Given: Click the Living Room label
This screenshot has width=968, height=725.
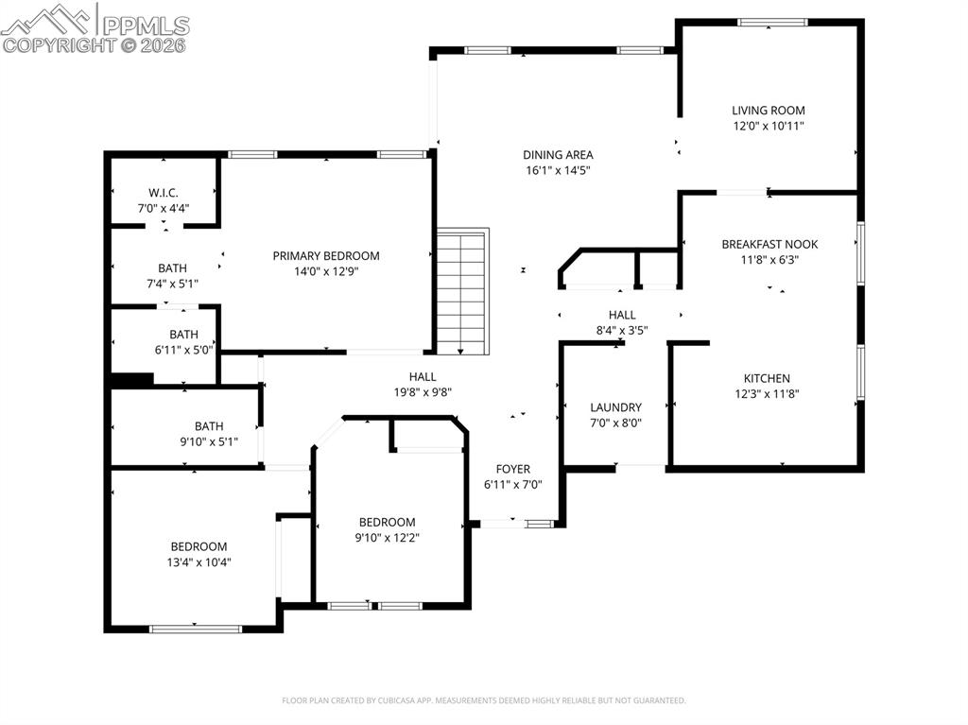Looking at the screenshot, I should coord(768,111).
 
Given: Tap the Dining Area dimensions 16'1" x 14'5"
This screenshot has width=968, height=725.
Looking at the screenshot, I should coord(558,171).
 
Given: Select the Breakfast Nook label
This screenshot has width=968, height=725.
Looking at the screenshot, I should coord(769,244).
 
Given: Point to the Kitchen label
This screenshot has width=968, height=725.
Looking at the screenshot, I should coord(766,378).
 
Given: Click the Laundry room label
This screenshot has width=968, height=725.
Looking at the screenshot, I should coord(615,407).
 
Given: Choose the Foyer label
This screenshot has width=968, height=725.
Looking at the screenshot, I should coord(513,469).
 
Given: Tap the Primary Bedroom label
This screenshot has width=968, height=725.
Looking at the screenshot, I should coord(326,255).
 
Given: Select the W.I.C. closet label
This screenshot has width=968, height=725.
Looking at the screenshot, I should coord(164,193).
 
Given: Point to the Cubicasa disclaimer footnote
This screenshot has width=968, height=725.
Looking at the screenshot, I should coord(484,700).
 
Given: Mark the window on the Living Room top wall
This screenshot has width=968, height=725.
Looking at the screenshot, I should coord(772,22).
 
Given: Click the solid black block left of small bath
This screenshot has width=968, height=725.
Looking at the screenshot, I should coord(131,380).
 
